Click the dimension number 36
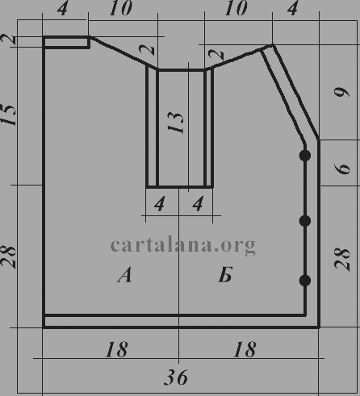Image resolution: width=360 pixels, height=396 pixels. [176, 377]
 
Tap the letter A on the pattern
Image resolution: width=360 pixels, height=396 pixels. [124, 274]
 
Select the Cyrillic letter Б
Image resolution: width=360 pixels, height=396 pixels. [225, 274]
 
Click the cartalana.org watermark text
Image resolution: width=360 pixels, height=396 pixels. [183, 245]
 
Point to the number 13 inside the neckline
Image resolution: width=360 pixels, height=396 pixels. [175, 123]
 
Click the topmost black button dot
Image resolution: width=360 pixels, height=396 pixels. [305, 156]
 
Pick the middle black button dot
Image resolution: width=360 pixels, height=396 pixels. [305, 221]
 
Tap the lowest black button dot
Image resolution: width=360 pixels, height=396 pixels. [305, 281]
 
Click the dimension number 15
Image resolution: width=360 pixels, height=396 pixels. [8, 115]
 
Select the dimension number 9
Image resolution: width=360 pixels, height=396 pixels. [341, 92]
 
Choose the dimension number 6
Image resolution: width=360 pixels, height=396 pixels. [342, 169]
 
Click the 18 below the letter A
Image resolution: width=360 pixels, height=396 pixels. [116, 349]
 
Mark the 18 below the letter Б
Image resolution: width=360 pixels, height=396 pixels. [245, 349]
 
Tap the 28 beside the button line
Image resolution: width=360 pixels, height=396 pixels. [342, 259]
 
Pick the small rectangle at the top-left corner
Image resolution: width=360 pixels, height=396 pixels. [66, 42]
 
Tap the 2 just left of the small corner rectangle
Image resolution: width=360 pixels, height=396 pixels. [9, 40]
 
